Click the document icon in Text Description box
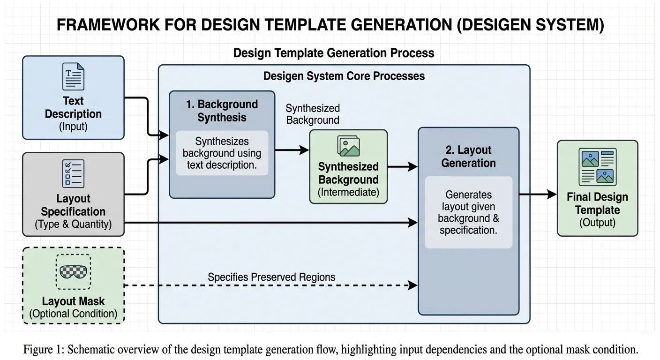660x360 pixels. click(74, 76)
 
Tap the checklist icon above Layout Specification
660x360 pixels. click(74, 173)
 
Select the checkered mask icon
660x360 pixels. click(74, 272)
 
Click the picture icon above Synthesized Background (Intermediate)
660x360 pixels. click(349, 146)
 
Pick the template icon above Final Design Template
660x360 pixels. click(598, 167)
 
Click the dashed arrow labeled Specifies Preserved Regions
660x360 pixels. click(270, 285)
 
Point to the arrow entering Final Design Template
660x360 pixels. click(538, 195)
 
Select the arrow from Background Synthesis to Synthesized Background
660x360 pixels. click(292, 150)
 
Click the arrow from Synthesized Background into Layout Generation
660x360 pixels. click(403, 167)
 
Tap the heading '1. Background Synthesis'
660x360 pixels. click(222, 111)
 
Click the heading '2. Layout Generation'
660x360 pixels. click(468, 157)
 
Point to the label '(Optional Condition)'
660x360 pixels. click(74, 314)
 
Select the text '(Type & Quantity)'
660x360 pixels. click(74, 224)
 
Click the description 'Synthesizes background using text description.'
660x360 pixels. click(222, 153)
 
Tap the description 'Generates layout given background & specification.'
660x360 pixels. click(468, 212)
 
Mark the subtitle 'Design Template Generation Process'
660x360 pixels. click(334, 53)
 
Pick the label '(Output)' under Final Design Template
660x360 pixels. click(598, 223)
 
